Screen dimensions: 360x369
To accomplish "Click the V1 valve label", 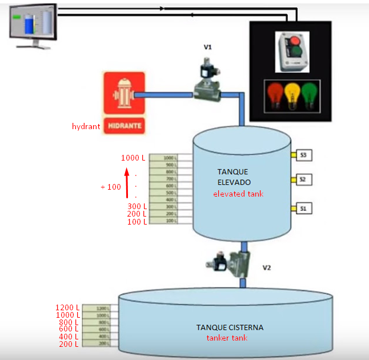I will [208, 47].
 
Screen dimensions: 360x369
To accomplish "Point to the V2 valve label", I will [266, 267].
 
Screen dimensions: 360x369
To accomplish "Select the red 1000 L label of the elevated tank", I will [133, 158].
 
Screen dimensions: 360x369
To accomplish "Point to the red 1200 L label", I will [67, 307].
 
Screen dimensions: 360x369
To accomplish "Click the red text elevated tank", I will [238, 194].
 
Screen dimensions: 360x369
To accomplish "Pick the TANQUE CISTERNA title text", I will [230, 327].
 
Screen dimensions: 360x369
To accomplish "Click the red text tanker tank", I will [228, 338].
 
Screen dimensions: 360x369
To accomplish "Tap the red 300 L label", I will [137, 206].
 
